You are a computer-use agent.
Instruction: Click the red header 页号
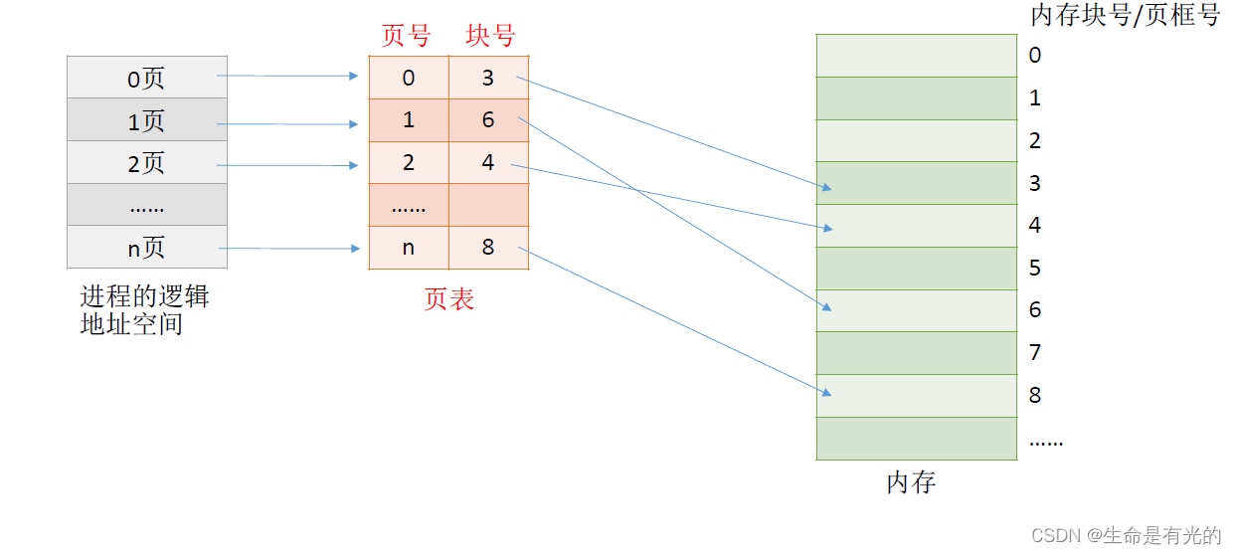pyautogui.click(x=407, y=36)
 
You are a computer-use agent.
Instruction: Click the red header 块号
pyautogui.click(x=490, y=36)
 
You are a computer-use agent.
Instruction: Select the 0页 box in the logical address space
pyautogui.click(x=147, y=78)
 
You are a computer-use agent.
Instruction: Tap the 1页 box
pyautogui.click(x=147, y=120)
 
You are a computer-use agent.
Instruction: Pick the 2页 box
pyautogui.click(x=147, y=163)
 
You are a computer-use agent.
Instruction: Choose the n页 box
pyautogui.click(x=147, y=248)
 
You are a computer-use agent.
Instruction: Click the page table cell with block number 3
pyautogui.click(x=488, y=78)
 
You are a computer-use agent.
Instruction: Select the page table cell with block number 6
pyautogui.click(x=488, y=120)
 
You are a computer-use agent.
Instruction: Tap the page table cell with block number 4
pyautogui.click(x=488, y=163)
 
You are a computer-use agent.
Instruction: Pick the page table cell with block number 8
pyautogui.click(x=488, y=248)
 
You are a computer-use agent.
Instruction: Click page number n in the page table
pyautogui.click(x=409, y=248)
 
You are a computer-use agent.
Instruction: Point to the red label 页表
pyautogui.click(x=448, y=299)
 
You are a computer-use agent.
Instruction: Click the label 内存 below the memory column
pyautogui.click(x=911, y=483)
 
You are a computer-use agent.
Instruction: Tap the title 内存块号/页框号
pyautogui.click(x=1125, y=15)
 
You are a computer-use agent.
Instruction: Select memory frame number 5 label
pyautogui.click(x=1035, y=268)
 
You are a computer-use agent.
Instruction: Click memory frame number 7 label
pyautogui.click(x=1035, y=352)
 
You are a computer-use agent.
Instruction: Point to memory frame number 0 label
pyautogui.click(x=1035, y=56)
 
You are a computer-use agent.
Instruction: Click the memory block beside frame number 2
pyautogui.click(x=916, y=140)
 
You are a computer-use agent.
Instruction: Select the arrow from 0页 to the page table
pyautogui.click(x=287, y=76)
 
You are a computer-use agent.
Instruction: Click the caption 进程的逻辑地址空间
pyautogui.click(x=145, y=310)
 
